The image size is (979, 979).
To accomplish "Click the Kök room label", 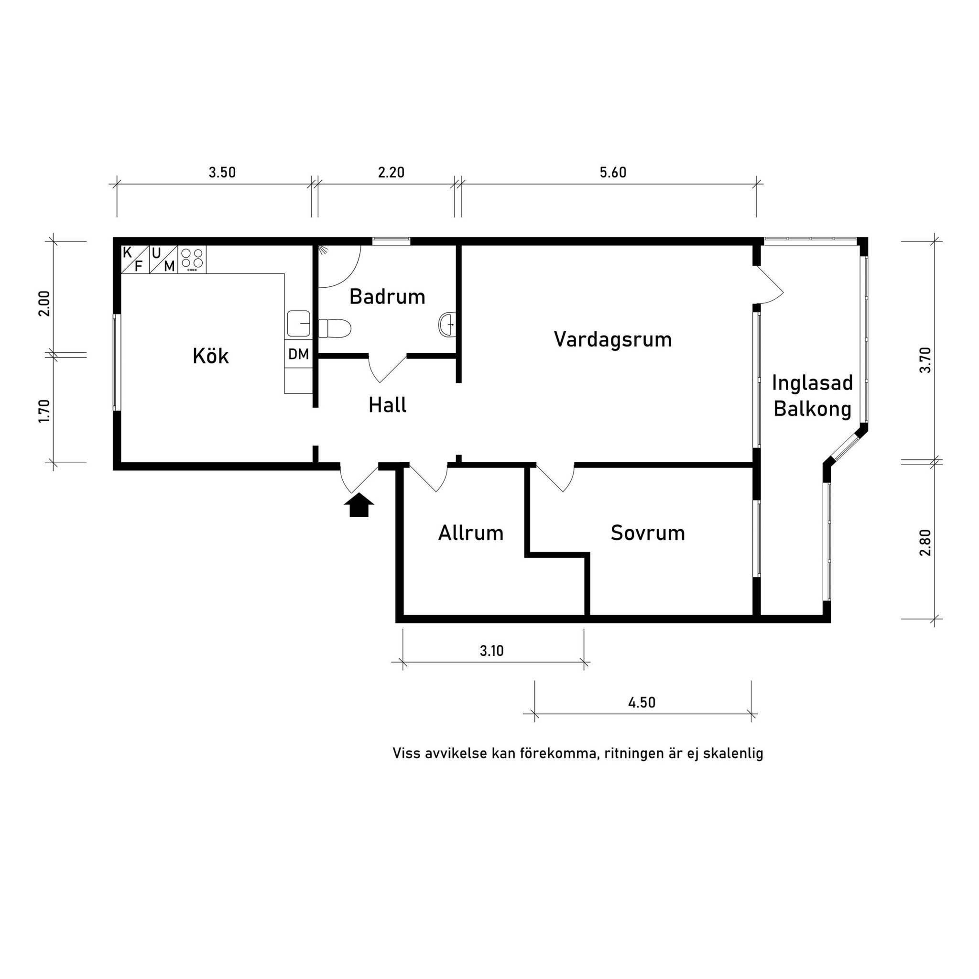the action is pos(210,356).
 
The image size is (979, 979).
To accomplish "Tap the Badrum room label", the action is pos(387,296).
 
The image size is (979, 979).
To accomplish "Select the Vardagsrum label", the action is pos(613,339).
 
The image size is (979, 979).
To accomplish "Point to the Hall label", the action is pos(387,405).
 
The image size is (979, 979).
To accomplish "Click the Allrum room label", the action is pos(471,533).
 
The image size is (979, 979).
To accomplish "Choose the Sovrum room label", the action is pos(648,533).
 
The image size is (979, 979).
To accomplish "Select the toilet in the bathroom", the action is pos(335,328).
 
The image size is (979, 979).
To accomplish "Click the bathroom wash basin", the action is pos(446,324).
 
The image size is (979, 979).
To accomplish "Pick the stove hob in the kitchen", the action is pos(192,259).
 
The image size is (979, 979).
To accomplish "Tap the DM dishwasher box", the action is pos(298,354).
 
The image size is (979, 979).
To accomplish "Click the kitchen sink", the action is pos(299,324).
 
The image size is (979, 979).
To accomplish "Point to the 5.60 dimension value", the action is pos(613,173).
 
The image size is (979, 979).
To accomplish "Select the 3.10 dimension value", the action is pos(491,651).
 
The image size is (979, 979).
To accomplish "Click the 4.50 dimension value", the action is pos(642,702).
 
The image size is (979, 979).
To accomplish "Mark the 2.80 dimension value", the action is pos(925,543).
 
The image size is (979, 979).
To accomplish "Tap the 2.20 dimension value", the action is pos(391,173).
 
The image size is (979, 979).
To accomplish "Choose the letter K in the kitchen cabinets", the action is pos(128,252).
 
